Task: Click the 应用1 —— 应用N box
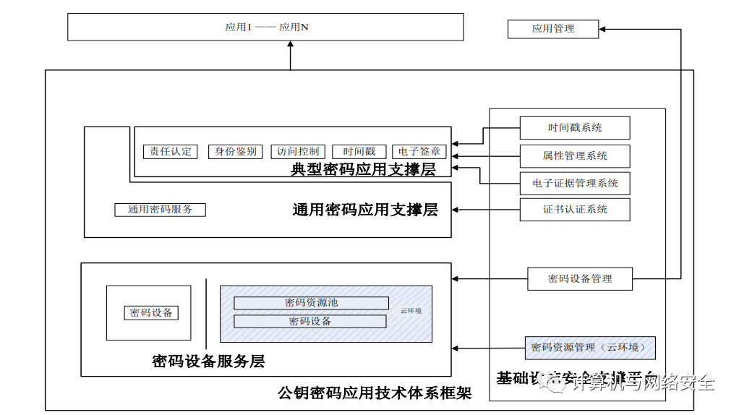pyautogui.click(x=265, y=27)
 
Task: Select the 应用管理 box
pyautogui.click(x=553, y=29)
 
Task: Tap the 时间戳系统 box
pyautogui.click(x=575, y=128)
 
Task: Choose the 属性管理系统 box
pyautogui.click(x=575, y=155)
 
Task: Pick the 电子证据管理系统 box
pyautogui.click(x=575, y=183)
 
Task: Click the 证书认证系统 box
pyautogui.click(x=575, y=210)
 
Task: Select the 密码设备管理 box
pyautogui.click(x=579, y=278)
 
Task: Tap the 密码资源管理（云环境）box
pyautogui.click(x=590, y=348)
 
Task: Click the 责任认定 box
pyautogui.click(x=171, y=152)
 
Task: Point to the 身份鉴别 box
pyautogui.click(x=235, y=152)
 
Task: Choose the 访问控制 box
pyautogui.click(x=298, y=152)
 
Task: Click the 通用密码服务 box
pyautogui.click(x=161, y=210)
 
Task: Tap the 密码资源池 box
pyautogui.click(x=311, y=302)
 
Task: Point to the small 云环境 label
pyautogui.click(x=411, y=311)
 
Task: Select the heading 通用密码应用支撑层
pyautogui.click(x=365, y=210)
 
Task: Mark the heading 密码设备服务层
pyautogui.click(x=208, y=361)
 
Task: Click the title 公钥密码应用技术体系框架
pyautogui.click(x=375, y=393)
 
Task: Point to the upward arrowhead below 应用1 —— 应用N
pyautogui.click(x=291, y=45)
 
